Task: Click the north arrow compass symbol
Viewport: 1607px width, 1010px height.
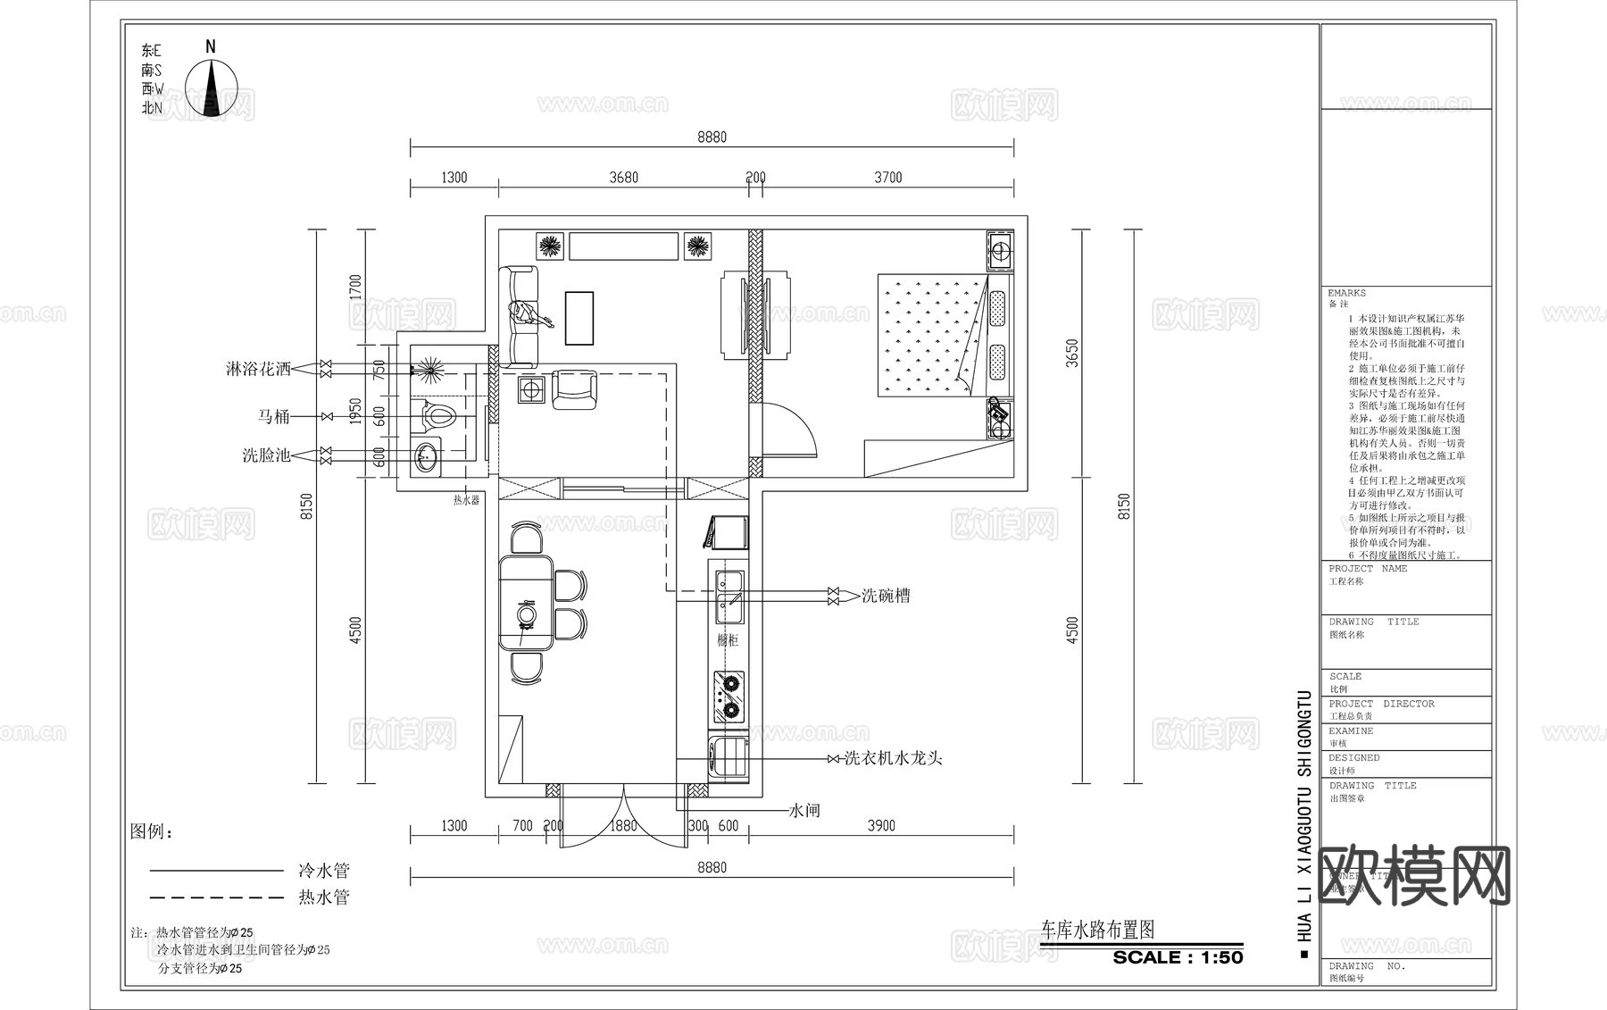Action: pos(212,88)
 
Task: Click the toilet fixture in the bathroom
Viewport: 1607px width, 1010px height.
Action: pos(437,416)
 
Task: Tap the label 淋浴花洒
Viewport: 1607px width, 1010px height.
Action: pos(258,369)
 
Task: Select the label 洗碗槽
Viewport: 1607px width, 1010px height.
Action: pos(886,596)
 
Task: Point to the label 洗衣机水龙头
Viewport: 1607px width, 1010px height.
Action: pos(894,759)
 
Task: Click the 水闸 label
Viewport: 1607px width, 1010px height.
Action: pos(804,811)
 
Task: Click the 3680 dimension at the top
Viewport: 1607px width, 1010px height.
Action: pos(623,178)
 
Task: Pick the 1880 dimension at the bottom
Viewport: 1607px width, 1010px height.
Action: pos(623,826)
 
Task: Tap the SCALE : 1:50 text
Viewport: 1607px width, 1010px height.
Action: pos(1178,957)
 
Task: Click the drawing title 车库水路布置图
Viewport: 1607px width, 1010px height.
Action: pos(1098,930)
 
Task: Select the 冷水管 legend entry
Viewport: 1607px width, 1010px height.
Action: pos(323,871)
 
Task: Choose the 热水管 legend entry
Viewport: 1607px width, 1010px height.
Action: pos(323,897)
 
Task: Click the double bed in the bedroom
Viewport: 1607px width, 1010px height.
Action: pos(928,335)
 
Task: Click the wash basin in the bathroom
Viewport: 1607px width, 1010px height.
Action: pos(427,456)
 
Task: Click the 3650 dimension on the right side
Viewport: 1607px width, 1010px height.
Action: pos(1073,353)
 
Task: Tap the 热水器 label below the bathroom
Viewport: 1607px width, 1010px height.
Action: pos(466,501)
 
